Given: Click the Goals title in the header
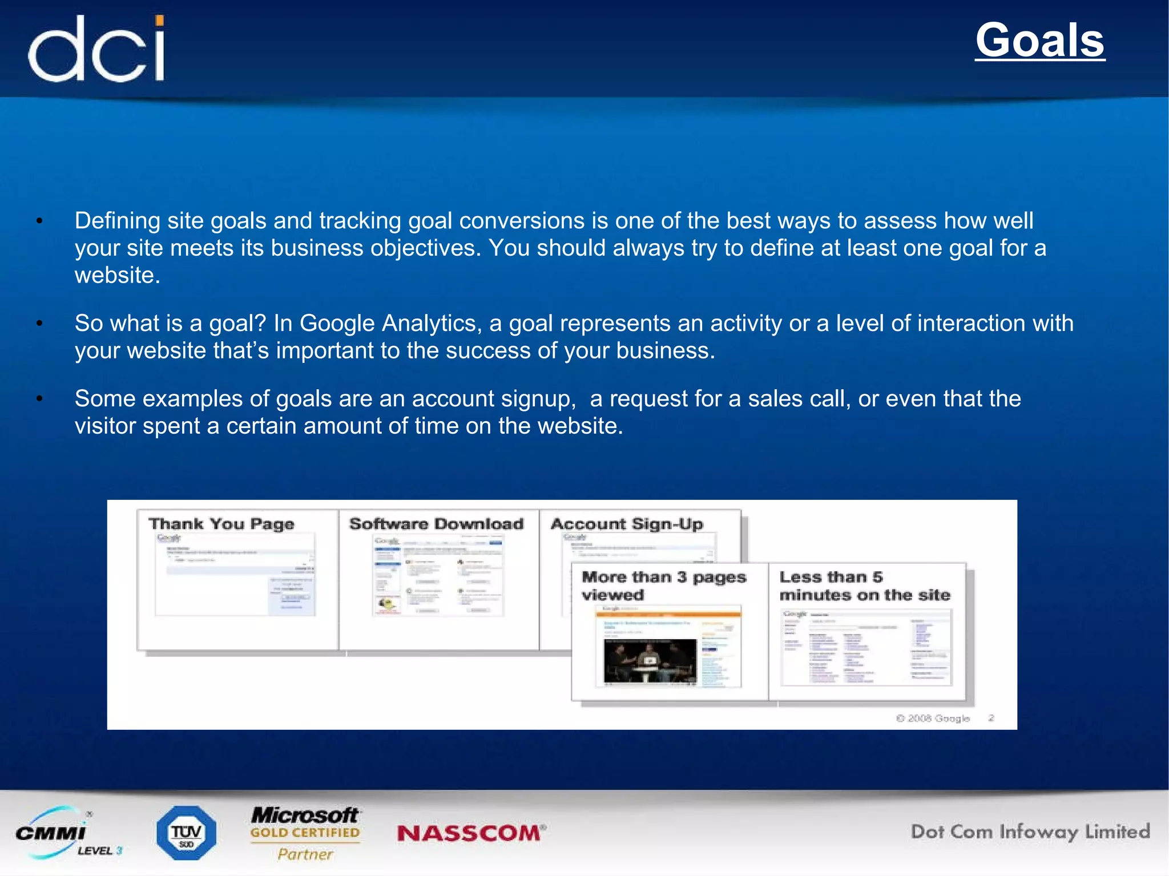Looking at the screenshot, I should pyautogui.click(x=1039, y=41).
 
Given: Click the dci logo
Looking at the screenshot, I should pyautogui.click(x=96, y=50).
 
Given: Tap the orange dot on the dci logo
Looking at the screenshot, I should pyautogui.click(x=160, y=21).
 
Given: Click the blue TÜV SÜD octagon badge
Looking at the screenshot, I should pyautogui.click(x=186, y=833).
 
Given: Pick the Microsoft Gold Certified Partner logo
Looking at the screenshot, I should pyautogui.click(x=305, y=833).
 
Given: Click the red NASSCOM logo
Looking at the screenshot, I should pyautogui.click(x=471, y=833).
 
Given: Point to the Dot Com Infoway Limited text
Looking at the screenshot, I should pyautogui.click(x=1030, y=831).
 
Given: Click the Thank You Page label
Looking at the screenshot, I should pyautogui.click(x=221, y=524).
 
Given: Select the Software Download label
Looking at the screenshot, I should pyautogui.click(x=436, y=524).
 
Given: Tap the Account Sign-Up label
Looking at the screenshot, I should pyautogui.click(x=627, y=524).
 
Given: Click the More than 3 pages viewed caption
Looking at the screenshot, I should pyautogui.click(x=663, y=586).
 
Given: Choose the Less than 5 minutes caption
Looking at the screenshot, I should pyautogui.click(x=864, y=586).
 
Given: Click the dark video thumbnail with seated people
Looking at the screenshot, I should pyautogui.click(x=650, y=660).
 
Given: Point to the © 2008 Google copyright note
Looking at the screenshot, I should pyautogui.click(x=933, y=718).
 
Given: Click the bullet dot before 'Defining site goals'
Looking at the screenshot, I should pyautogui.click(x=39, y=221).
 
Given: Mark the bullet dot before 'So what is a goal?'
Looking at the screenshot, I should pyautogui.click(x=39, y=324).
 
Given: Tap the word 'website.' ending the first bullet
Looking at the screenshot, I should pyautogui.click(x=118, y=276).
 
